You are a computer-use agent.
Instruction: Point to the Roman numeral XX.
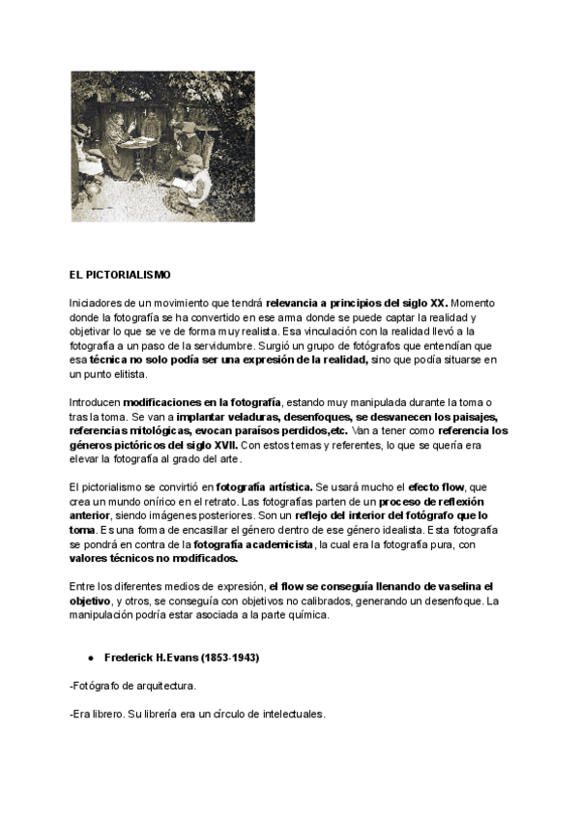click(435, 304)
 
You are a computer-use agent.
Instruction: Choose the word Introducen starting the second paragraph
click(95, 401)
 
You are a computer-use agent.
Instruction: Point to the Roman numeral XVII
click(221, 444)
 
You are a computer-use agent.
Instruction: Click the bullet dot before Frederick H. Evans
click(90, 659)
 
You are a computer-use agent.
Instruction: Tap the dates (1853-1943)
click(229, 659)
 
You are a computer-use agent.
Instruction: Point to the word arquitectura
click(166, 686)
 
